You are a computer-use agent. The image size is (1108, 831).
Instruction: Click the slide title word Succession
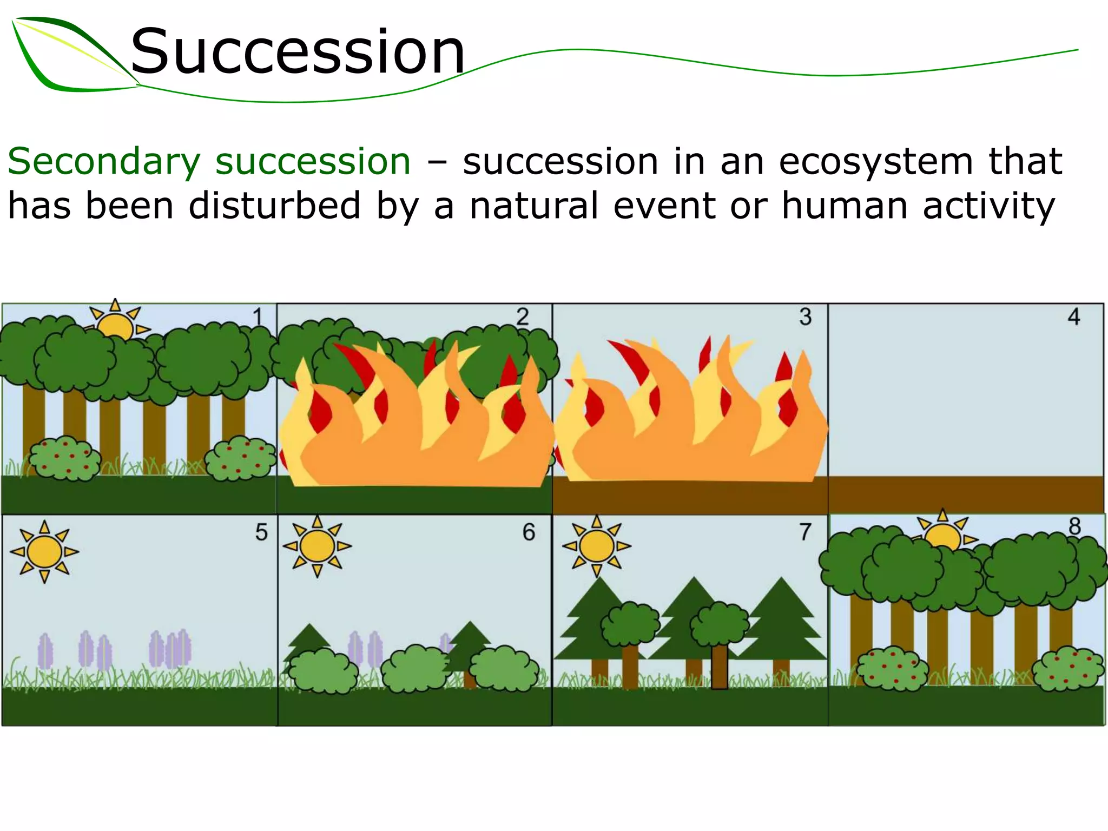click(298, 52)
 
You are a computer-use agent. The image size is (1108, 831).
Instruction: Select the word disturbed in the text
click(274, 206)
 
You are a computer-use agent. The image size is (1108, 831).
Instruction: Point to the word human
click(845, 206)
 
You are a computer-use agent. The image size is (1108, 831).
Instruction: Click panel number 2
click(523, 316)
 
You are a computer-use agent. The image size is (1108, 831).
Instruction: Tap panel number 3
click(806, 316)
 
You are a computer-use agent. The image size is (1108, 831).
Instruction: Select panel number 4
click(1074, 316)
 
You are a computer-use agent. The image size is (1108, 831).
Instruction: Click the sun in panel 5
click(44, 551)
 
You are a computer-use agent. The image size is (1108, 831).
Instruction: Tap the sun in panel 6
click(317, 546)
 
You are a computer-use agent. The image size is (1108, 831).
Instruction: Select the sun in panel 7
click(596, 546)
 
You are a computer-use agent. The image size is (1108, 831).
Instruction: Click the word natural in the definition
click(535, 206)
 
